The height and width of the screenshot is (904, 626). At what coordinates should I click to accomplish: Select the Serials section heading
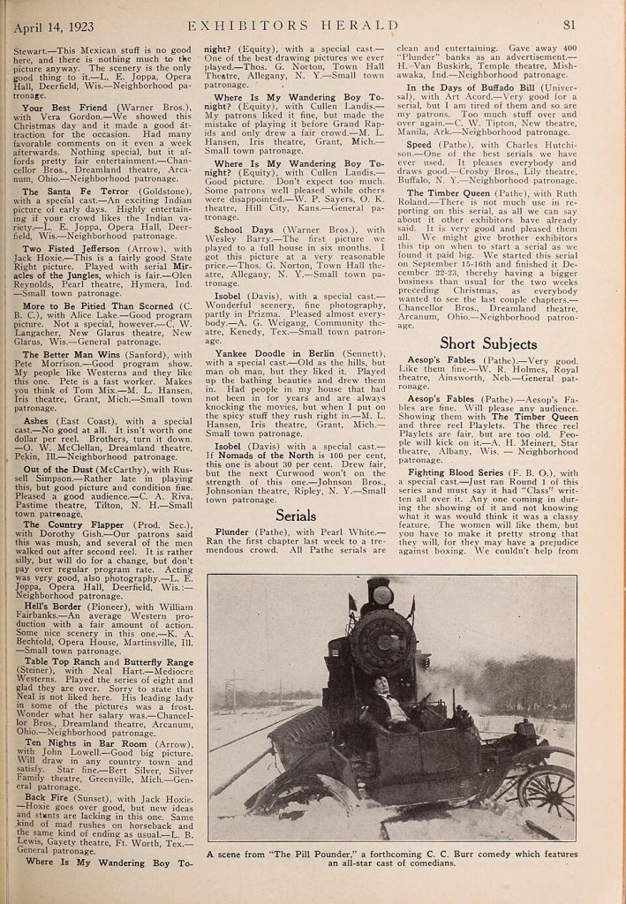click(296, 515)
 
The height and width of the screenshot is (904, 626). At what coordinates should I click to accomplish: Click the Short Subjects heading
click(487, 343)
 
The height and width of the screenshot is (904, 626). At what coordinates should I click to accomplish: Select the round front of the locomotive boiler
click(382, 644)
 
